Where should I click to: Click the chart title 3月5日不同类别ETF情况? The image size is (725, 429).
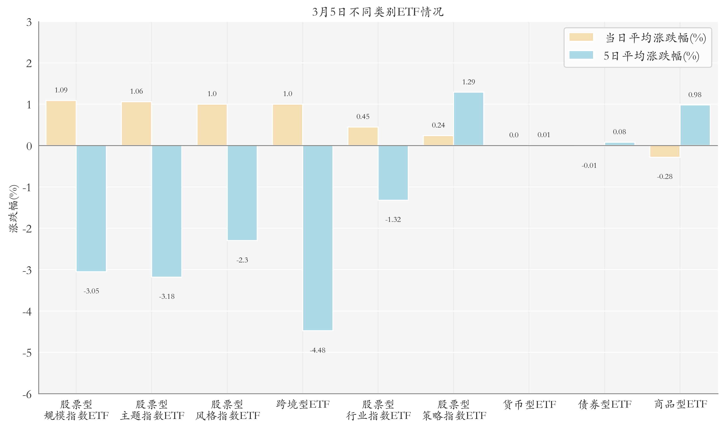(x=378, y=12)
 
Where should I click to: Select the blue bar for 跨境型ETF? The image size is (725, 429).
(x=318, y=238)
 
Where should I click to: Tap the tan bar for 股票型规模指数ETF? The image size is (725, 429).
(x=61, y=123)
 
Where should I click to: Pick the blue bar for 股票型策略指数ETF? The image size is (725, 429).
(x=469, y=119)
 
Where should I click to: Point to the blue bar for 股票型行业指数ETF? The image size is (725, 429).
(x=393, y=172)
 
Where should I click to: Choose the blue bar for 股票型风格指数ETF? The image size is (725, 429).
(x=242, y=193)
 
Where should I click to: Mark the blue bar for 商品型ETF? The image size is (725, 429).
(x=695, y=125)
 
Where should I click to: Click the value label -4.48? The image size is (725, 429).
(x=318, y=350)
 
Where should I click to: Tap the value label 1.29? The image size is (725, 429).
(x=469, y=82)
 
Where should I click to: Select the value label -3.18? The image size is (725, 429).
(x=167, y=297)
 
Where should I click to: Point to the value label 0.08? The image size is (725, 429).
(x=619, y=132)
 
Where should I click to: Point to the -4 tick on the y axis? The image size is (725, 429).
(x=27, y=312)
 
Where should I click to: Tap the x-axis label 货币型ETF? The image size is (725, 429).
(x=529, y=404)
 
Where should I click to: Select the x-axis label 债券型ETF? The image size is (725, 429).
(x=605, y=404)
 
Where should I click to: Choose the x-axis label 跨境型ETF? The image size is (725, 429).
(x=302, y=404)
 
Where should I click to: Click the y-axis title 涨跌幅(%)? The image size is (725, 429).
(x=14, y=208)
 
